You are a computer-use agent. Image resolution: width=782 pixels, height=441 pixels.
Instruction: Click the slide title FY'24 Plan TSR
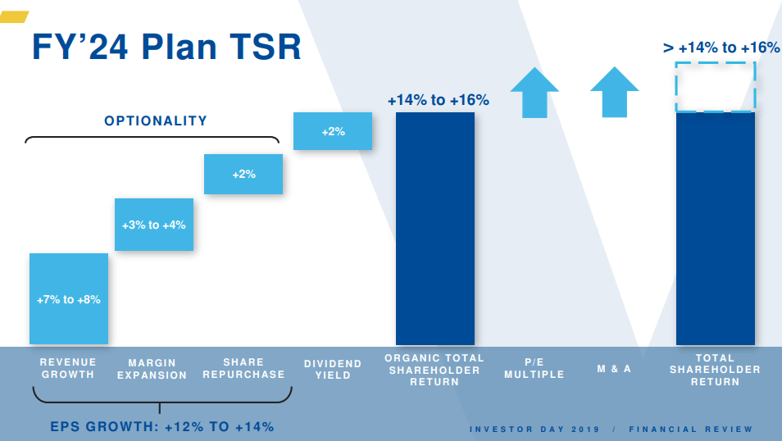166,47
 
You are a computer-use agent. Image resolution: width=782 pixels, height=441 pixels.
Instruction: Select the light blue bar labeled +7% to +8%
69,299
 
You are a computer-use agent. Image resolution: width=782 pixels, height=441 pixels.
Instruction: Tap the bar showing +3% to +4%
154,225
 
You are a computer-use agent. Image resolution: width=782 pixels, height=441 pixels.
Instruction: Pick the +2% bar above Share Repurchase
243,174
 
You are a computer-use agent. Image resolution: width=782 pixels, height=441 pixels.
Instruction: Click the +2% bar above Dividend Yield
333,131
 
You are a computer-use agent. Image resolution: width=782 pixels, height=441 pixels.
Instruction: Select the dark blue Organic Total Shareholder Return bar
435,229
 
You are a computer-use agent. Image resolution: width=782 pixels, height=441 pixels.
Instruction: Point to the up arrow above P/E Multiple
534,92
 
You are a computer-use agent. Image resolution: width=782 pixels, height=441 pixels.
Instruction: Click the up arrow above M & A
614,92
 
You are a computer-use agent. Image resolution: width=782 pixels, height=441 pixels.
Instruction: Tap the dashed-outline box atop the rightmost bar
715,86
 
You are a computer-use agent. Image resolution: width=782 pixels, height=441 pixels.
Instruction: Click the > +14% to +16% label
721,48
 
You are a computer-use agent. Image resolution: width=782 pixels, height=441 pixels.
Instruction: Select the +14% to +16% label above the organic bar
438,100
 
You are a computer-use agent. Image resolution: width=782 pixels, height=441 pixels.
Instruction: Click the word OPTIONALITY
156,120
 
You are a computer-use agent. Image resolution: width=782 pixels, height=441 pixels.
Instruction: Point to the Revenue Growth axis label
68,368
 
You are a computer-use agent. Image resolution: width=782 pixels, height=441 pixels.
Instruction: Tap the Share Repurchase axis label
243,368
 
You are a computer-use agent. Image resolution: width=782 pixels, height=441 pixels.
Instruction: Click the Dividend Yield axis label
333,369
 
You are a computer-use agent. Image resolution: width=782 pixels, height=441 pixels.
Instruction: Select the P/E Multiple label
534,368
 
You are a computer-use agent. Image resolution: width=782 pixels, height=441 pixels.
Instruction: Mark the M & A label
614,369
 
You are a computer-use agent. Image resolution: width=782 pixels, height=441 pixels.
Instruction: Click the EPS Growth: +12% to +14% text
162,426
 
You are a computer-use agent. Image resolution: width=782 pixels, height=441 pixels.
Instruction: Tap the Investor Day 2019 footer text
534,430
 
